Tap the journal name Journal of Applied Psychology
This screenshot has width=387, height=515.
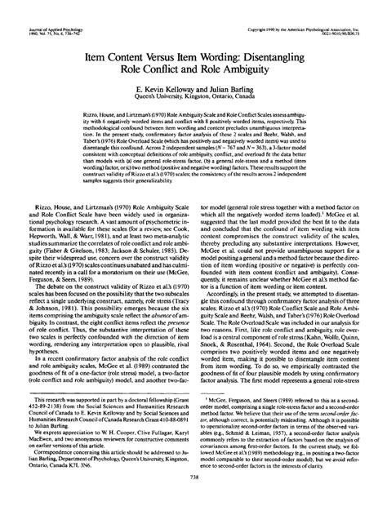click(45, 8)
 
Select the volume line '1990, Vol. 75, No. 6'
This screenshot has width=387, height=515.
click(39, 14)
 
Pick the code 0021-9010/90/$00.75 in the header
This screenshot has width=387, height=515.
click(347, 14)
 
